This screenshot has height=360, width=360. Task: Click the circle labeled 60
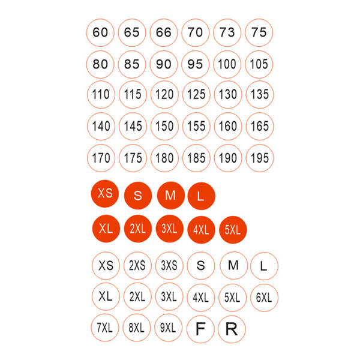[100, 32]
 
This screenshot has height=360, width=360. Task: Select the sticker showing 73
[227, 32]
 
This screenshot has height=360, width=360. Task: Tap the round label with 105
[259, 64]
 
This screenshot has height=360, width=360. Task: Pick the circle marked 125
[196, 94]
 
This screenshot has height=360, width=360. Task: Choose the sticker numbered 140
[101, 126]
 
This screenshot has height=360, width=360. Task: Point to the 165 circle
[260, 126]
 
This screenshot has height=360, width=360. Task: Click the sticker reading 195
[260, 158]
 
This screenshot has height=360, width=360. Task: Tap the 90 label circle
[164, 64]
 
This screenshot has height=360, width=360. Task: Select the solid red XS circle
[105, 194]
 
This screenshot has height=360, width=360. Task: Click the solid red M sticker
[171, 196]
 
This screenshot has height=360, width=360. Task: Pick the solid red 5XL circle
[233, 230]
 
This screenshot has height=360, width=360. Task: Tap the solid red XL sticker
[106, 229]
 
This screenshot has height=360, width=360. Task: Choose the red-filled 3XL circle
[169, 229]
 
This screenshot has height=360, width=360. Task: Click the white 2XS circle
[137, 266]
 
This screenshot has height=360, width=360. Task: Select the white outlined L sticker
[264, 266]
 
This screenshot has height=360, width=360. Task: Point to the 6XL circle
[264, 298]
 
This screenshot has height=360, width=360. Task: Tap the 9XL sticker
[169, 328]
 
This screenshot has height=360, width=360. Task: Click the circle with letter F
[200, 329]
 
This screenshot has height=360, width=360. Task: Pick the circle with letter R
[232, 329]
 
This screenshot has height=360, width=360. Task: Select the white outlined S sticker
[201, 266]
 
